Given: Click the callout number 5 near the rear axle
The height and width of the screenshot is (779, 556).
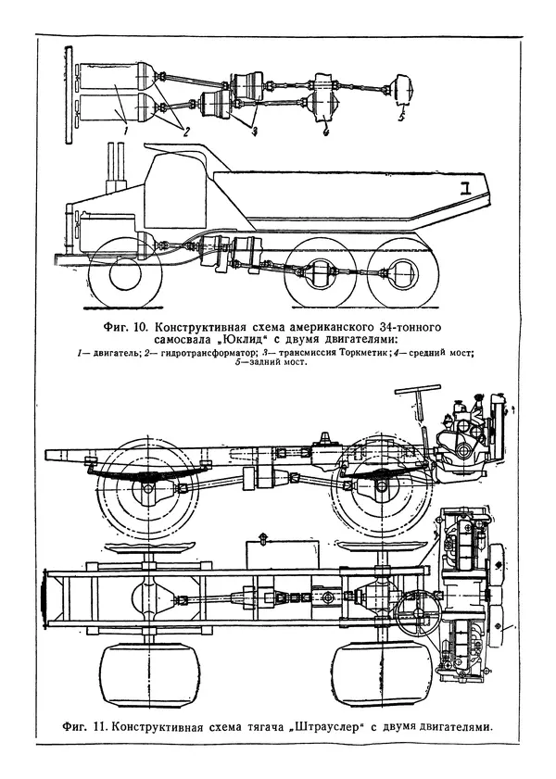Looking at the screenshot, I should (400, 119).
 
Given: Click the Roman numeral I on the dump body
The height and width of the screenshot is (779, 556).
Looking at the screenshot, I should (468, 188).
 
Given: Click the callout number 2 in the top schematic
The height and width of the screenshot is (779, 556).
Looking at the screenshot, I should (185, 132).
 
